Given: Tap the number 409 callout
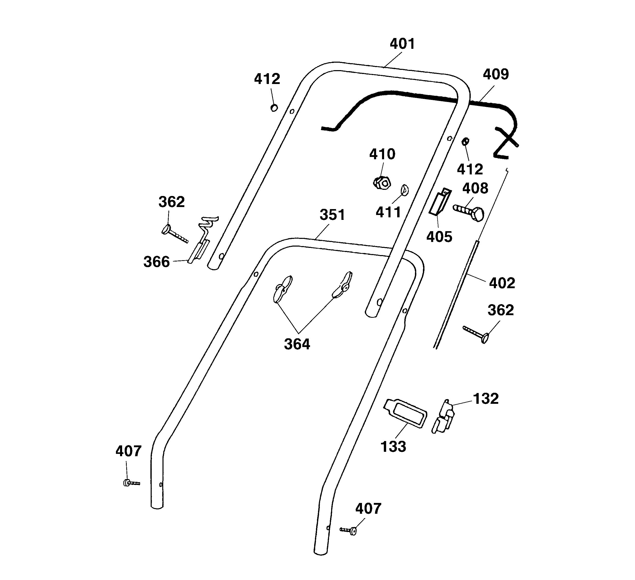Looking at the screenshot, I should click(496, 74).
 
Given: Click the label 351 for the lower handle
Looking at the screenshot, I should click(332, 215).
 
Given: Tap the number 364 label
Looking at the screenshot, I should click(297, 344).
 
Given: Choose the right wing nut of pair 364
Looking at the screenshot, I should click(343, 285).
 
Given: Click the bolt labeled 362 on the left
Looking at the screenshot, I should click(174, 233).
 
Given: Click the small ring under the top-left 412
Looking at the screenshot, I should click(274, 108).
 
